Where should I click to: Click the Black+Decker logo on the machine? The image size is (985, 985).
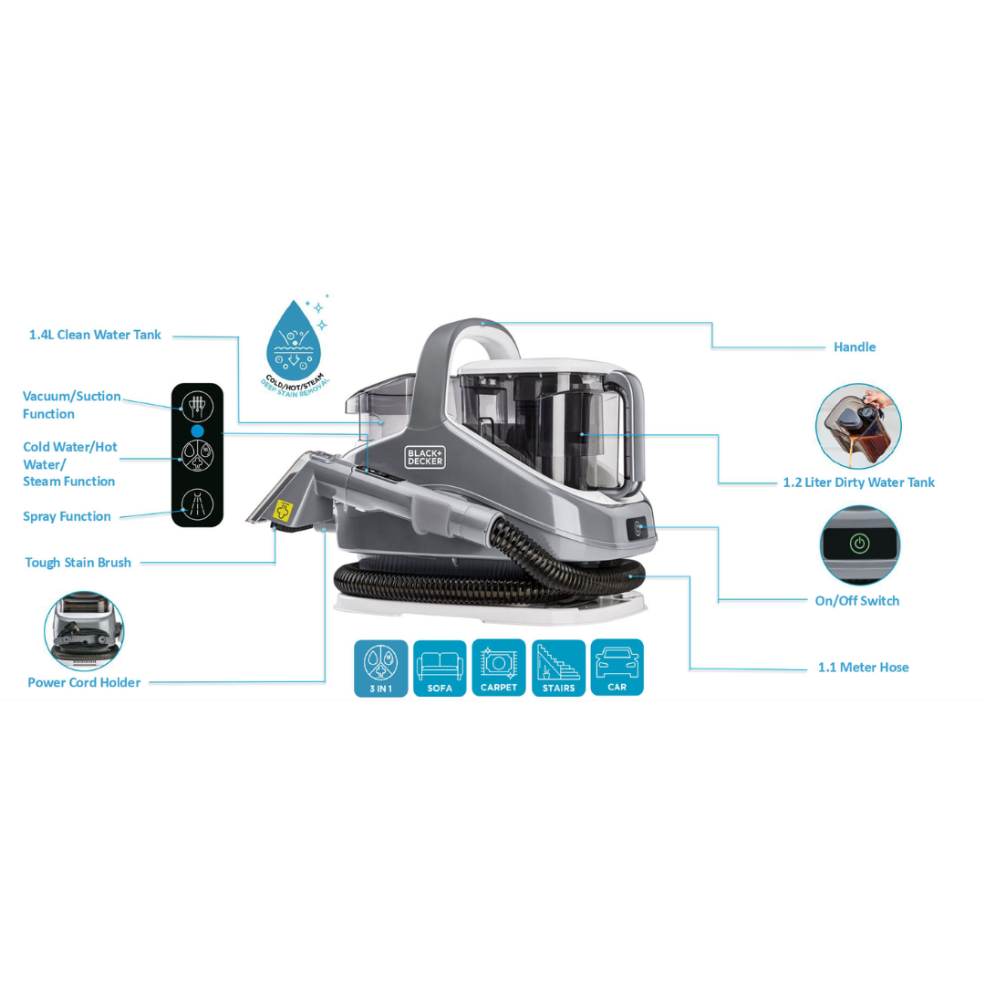pyautogui.click(x=425, y=457)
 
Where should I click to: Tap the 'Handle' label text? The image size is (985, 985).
pyautogui.click(x=855, y=347)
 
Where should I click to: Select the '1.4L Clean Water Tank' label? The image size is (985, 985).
pyautogui.click(x=95, y=335)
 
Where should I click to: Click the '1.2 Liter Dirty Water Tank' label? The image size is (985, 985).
pyautogui.click(x=859, y=482)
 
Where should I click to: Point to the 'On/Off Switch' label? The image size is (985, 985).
pyautogui.click(x=856, y=600)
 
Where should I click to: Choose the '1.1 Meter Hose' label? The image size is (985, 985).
pyautogui.click(x=863, y=667)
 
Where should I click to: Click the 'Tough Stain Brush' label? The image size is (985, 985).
pyautogui.click(x=78, y=562)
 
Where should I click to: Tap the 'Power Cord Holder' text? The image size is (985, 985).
pyautogui.click(x=84, y=682)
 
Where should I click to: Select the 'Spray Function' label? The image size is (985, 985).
pyautogui.click(x=67, y=516)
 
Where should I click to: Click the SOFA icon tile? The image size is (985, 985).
pyautogui.click(x=440, y=669)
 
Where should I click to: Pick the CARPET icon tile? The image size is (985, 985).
pyautogui.click(x=499, y=668)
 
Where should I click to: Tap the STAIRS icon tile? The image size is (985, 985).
pyautogui.click(x=558, y=669)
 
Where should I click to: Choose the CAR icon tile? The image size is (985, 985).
pyautogui.click(x=617, y=667)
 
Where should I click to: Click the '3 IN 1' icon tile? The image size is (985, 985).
pyautogui.click(x=380, y=669)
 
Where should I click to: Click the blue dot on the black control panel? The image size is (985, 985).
pyautogui.click(x=197, y=430)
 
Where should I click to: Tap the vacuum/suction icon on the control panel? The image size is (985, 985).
pyautogui.click(x=197, y=406)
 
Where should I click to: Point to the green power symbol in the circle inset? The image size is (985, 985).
pyautogui.click(x=859, y=544)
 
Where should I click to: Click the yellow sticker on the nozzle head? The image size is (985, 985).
pyautogui.click(x=284, y=510)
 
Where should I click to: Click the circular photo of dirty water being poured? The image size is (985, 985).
pyautogui.click(x=858, y=427)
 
